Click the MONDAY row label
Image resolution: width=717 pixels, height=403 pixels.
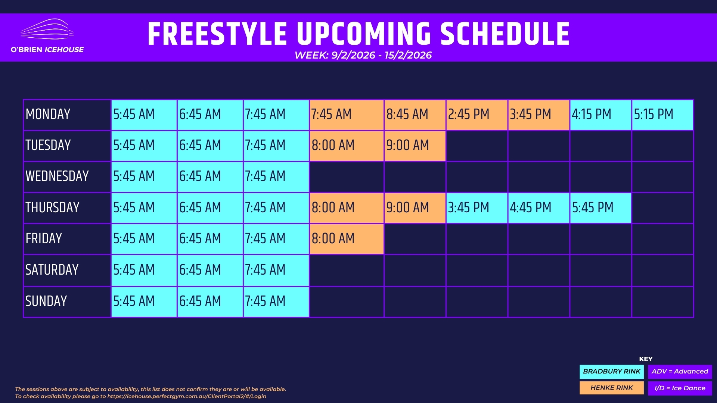[48, 114]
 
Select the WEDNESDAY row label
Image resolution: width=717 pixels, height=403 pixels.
[57, 176]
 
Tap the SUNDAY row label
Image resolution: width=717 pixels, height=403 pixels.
[46, 301]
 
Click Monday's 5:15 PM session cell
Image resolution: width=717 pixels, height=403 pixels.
[662, 115]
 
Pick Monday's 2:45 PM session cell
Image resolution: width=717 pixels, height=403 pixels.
[477, 115]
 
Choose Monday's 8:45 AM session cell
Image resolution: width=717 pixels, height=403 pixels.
[415, 115]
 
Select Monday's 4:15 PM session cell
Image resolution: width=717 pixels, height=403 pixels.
[600, 115]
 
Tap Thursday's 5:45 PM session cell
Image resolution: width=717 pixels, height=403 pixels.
[600, 208]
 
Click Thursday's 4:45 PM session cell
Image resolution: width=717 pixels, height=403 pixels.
[538, 208]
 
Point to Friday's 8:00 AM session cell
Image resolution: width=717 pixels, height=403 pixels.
[347, 239]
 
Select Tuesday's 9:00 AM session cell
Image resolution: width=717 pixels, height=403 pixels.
[415, 146]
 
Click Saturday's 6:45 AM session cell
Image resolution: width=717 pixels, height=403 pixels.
[210, 270]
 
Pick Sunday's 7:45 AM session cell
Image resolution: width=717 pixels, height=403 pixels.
[276, 302]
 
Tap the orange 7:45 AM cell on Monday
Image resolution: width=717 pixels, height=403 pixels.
[347, 115]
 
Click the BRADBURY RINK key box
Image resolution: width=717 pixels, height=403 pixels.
[612, 372]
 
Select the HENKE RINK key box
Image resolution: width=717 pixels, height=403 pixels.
[612, 388]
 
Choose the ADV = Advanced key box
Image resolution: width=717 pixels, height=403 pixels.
[680, 372]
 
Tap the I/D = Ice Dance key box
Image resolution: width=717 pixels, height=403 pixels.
[680, 388]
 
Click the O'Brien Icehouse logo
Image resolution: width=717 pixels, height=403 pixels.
[47, 36]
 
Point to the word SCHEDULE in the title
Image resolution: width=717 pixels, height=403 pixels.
[505, 34]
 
